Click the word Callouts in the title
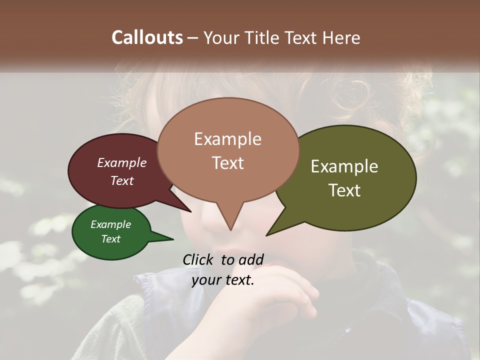click(147, 37)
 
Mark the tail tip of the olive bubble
click(267, 235)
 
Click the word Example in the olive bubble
click(344, 166)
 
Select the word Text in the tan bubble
click(228, 163)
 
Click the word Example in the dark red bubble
click(122, 162)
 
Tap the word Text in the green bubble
click(111, 239)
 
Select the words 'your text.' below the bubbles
click(223, 280)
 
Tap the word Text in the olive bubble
click(344, 190)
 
